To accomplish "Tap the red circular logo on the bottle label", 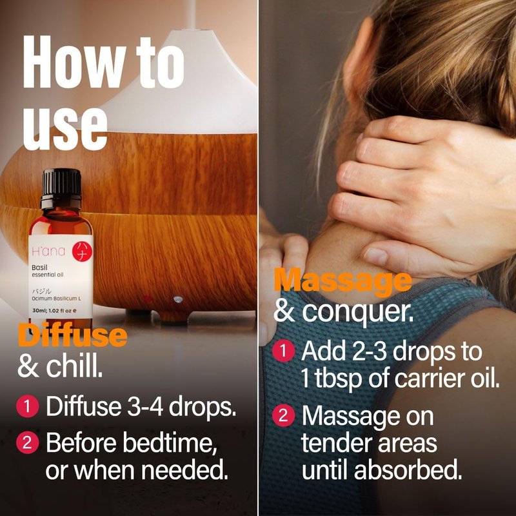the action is [x=82, y=252].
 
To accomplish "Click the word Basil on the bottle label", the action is [x=39, y=268].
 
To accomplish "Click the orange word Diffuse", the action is [x=72, y=335].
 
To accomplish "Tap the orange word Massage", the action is [x=342, y=281].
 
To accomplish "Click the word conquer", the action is [x=357, y=312].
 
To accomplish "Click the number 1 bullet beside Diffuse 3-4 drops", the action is [x=27, y=406].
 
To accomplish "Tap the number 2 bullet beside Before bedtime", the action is [x=27, y=442].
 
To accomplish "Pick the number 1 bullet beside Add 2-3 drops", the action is [x=283, y=351].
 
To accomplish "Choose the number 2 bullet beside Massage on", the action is [x=283, y=415].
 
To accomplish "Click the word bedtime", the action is [x=170, y=442].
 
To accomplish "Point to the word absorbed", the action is [x=408, y=470].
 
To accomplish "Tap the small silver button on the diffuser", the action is [x=178, y=299].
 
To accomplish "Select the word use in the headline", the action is [x=65, y=128].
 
